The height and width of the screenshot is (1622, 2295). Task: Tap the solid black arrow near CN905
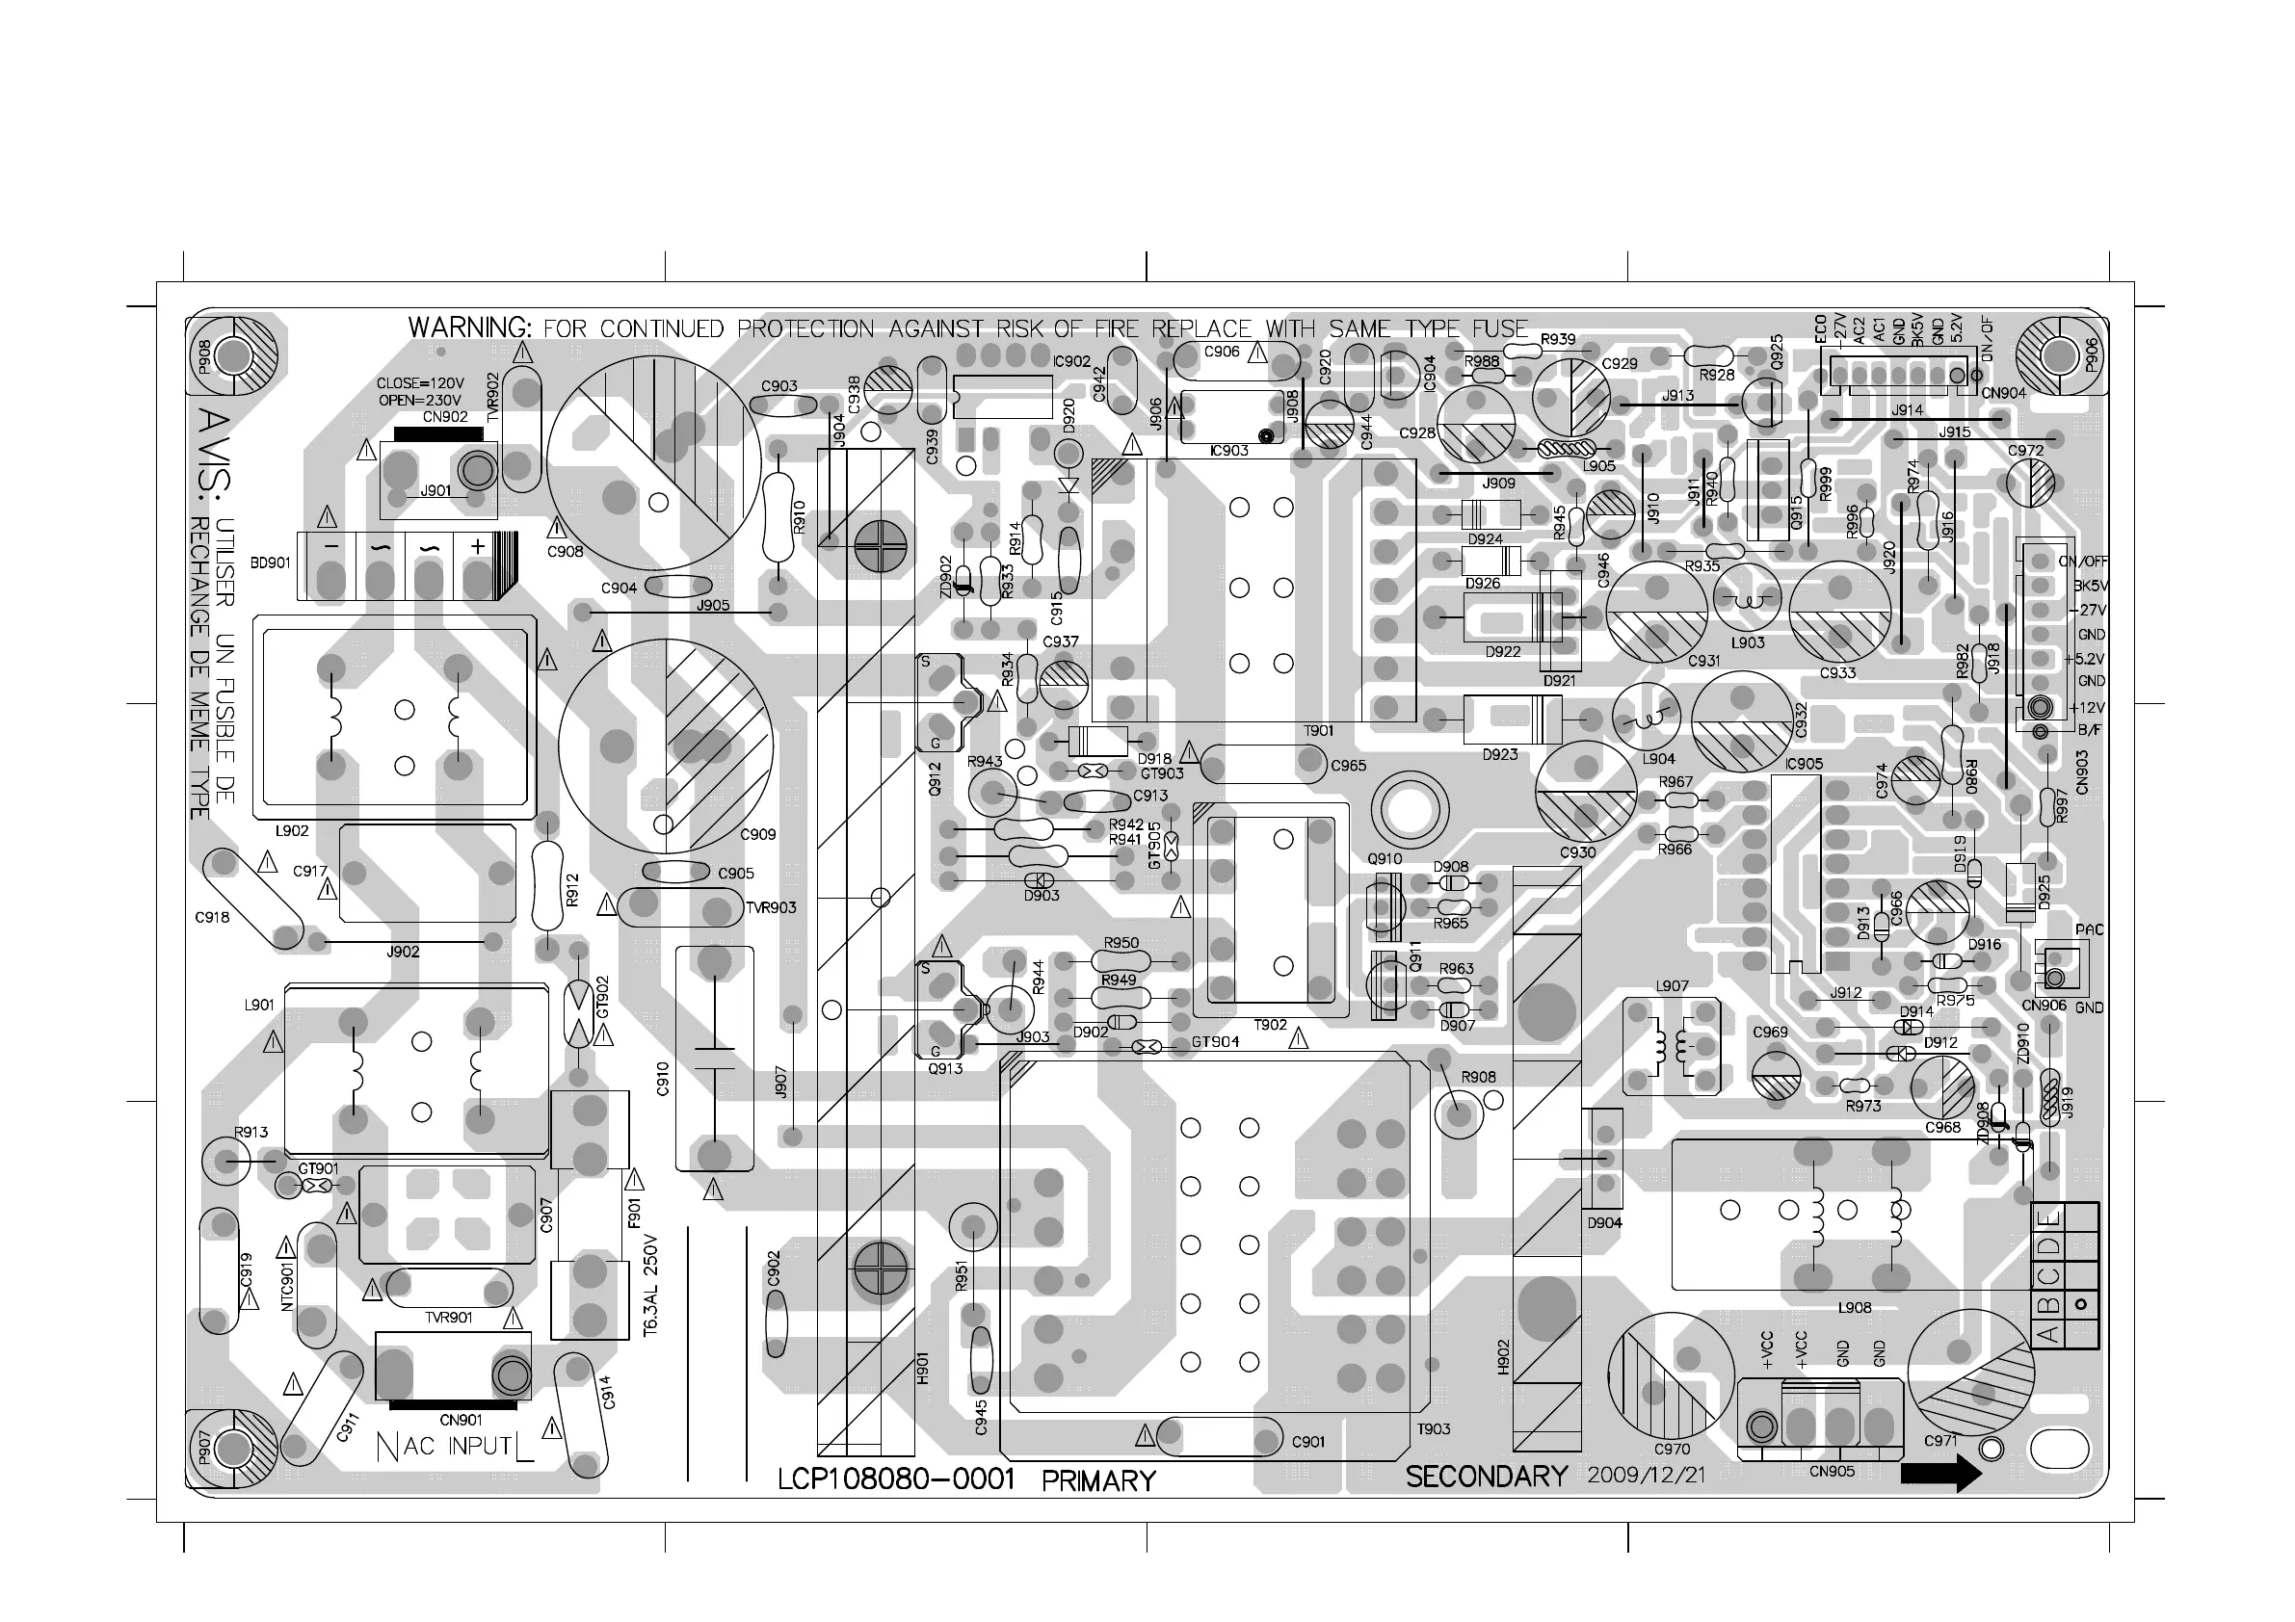pyautogui.click(x=1940, y=1472)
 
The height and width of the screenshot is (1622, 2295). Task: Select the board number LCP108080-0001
pyautogui.click(x=896, y=1479)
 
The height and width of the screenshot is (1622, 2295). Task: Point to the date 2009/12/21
pyautogui.click(x=1646, y=1475)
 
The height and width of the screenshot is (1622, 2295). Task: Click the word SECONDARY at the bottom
pyautogui.click(x=1487, y=1477)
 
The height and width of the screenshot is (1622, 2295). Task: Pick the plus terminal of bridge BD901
pyautogui.click(x=477, y=548)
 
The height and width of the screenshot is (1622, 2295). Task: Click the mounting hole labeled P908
pyautogui.click(x=233, y=355)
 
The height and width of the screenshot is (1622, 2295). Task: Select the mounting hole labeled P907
pyautogui.click(x=233, y=1447)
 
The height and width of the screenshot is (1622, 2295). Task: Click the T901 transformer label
pyautogui.click(x=1318, y=730)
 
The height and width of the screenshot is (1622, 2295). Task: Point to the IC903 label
pyautogui.click(x=1228, y=451)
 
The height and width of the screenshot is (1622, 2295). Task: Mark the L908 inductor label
pyautogui.click(x=1854, y=1307)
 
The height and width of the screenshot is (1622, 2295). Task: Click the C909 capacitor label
pyautogui.click(x=757, y=834)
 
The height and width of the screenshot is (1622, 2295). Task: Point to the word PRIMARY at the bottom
pyautogui.click(x=1098, y=1480)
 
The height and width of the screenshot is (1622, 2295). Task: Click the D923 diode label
pyautogui.click(x=1499, y=754)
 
